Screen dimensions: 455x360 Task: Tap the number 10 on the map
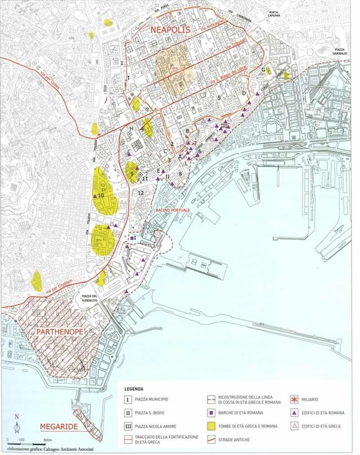(101, 195)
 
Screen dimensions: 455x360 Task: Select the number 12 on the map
(141, 193)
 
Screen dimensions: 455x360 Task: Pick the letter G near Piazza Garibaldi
(263, 70)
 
